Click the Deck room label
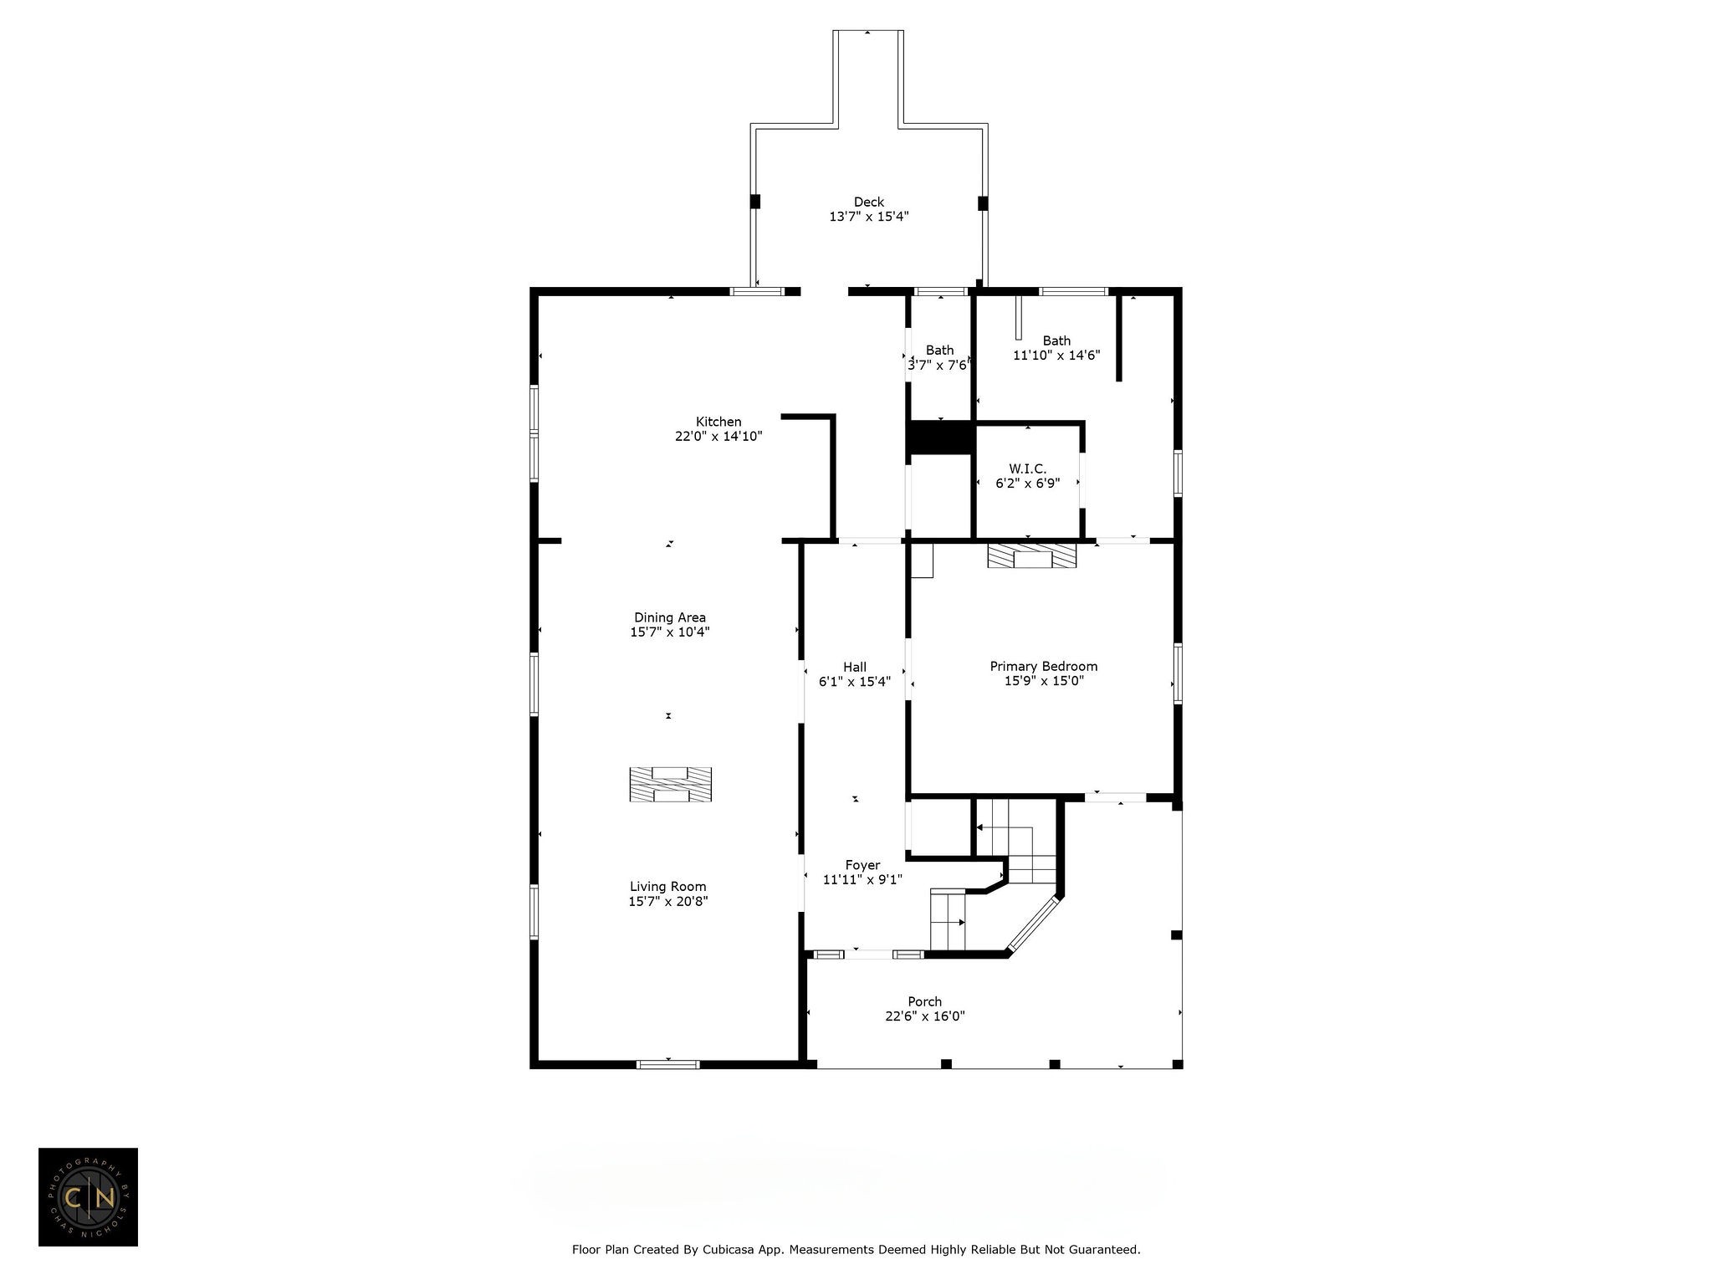(868, 202)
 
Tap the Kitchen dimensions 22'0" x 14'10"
(718, 436)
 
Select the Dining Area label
(669, 617)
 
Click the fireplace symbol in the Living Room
(670, 785)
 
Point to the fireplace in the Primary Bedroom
(1031, 556)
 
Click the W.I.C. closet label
(1027, 469)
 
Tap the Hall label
(854, 667)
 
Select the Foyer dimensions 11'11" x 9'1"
(862, 879)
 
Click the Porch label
(924, 1001)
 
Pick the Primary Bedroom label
(1043, 666)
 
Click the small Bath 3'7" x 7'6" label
(939, 350)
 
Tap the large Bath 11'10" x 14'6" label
(1056, 340)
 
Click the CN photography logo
(88, 1197)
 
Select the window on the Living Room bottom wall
(667, 1064)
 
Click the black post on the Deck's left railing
(754, 202)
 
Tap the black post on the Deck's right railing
(983, 202)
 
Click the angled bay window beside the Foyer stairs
(1035, 924)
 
